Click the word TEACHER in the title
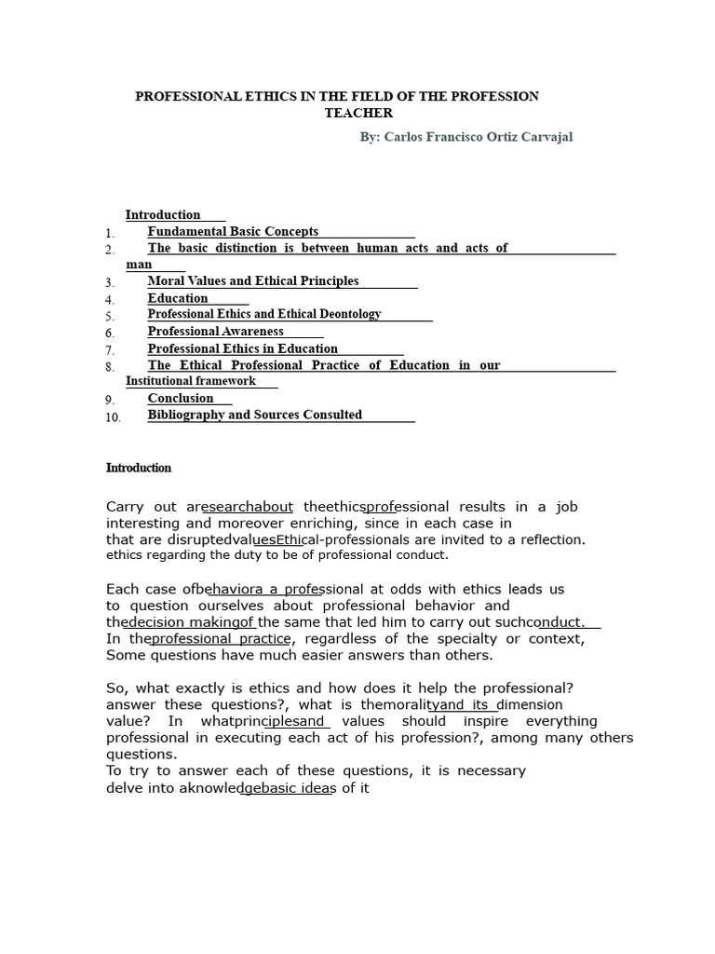(x=358, y=113)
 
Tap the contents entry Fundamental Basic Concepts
(x=233, y=231)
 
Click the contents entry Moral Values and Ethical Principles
(x=252, y=280)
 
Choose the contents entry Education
(x=178, y=298)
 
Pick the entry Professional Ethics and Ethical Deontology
(x=264, y=314)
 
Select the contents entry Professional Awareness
(x=215, y=331)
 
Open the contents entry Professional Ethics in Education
(x=242, y=348)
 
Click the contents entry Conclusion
(x=181, y=398)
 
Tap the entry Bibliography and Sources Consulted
(x=254, y=415)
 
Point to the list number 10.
(x=113, y=417)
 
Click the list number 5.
(x=110, y=317)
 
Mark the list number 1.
(x=110, y=233)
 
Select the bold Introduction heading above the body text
(x=139, y=468)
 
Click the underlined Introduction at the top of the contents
(x=163, y=214)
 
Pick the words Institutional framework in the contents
(x=191, y=380)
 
